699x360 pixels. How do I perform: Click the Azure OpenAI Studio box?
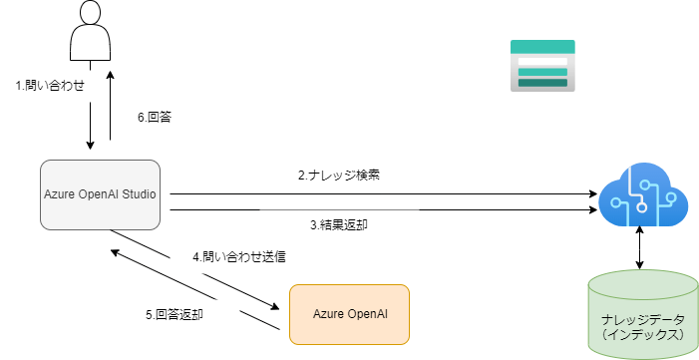(101, 194)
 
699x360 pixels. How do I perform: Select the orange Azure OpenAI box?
(349, 314)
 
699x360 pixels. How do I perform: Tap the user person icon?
(90, 30)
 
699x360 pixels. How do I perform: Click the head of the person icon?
(90, 12)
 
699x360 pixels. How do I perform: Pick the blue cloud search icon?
(643, 194)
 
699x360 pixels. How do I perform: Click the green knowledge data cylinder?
(642, 315)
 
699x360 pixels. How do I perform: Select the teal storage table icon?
(542, 66)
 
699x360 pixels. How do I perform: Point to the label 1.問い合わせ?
(50, 85)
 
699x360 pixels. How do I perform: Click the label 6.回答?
(155, 118)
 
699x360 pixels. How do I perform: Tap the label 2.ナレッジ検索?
(339, 175)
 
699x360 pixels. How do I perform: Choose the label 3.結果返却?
(339, 224)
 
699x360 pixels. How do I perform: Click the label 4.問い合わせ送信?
(239, 257)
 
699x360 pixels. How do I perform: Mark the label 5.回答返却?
(175, 314)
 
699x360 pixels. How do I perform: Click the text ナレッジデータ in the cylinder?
(643, 320)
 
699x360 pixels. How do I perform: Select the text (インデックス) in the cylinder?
(643, 334)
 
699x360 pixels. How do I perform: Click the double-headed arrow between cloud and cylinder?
(640, 248)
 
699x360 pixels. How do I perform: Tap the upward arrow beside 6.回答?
(110, 106)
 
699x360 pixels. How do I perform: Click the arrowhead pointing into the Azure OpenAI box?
(273, 306)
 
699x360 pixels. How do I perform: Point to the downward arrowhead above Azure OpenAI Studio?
(90, 145)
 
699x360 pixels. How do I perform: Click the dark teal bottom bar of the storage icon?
(542, 83)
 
